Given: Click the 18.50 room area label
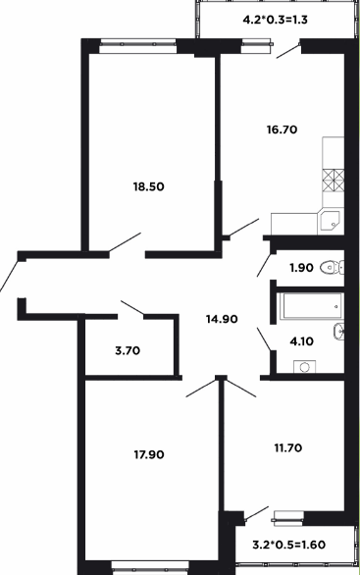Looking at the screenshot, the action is coord(148,186).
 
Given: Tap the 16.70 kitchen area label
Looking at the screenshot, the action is coord(282,130).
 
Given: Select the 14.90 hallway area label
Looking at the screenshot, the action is coord(222,319).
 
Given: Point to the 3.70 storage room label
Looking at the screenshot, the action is coord(128,351).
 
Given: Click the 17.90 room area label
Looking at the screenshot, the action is coord(149,454).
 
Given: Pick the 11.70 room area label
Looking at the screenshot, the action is coord(288,447).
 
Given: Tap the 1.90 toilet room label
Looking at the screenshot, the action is coord(302,268).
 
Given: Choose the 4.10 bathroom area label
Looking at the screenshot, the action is coord(301,341).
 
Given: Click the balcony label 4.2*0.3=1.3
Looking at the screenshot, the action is coord(275,20).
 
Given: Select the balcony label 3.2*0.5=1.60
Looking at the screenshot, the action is coord(288,545).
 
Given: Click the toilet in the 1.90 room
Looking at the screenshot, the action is coord(333,267).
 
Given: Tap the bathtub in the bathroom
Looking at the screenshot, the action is coord(312,306).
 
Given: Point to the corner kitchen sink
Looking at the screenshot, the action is coord(331,221).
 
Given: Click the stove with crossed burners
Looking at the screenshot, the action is coord(334,181).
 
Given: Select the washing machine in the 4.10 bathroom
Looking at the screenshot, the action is coord(305,366).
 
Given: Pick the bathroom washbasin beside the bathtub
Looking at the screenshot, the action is coord(339,332).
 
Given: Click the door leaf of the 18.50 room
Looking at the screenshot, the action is coord(125,242).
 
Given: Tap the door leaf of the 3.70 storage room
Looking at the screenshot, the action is coord(132,308).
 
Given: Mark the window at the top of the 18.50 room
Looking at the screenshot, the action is coord(138,44).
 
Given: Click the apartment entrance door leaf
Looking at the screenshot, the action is coord(9,276).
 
